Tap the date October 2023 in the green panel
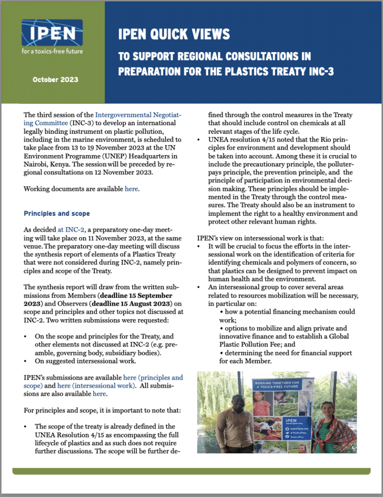55,80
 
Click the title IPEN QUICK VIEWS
174,34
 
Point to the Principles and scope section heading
57,214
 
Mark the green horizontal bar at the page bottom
191,471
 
